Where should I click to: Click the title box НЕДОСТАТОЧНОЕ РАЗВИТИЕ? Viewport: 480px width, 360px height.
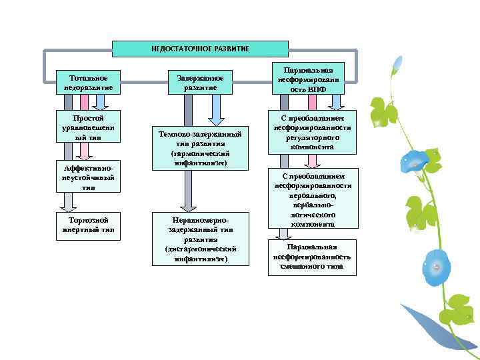pos(200,49)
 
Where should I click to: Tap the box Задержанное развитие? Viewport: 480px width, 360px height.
pos(199,82)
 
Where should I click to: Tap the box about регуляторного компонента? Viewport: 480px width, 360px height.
pos(311,132)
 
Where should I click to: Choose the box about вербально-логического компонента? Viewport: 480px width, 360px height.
pos(311,198)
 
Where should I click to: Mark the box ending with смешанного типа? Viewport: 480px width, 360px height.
pos(311,257)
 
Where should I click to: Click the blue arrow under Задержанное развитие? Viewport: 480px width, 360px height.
pos(216,109)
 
